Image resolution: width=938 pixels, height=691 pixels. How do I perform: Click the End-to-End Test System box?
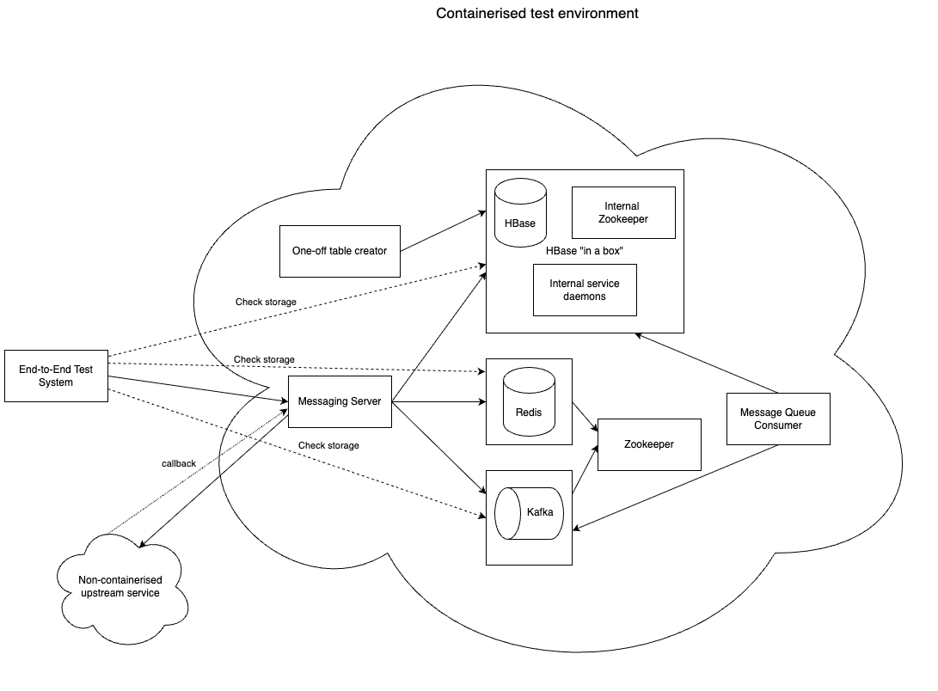coord(56,376)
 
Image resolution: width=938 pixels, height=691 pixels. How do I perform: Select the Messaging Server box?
coord(340,401)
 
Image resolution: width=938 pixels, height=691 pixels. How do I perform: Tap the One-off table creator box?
coord(340,251)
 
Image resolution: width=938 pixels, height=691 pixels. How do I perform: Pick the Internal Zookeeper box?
coord(623,212)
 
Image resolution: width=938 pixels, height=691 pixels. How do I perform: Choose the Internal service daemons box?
coord(585,290)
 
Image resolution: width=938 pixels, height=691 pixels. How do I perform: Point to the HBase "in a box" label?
coord(585,251)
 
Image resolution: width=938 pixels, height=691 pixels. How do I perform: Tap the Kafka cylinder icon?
coord(529,513)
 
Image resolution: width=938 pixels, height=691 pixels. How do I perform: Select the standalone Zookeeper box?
coord(649,444)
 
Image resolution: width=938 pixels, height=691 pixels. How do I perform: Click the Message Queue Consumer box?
coord(778,419)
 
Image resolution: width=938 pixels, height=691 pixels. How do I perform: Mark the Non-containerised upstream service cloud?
coord(120,587)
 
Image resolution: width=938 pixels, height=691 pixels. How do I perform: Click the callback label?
coord(179,464)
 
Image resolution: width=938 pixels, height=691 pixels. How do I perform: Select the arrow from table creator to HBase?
coord(443,231)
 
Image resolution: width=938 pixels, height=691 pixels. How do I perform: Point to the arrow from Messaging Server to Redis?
coord(438,401)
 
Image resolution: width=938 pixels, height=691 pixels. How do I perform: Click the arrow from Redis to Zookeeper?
coord(585,417)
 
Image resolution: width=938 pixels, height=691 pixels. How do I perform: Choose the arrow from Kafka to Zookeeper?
coord(585,471)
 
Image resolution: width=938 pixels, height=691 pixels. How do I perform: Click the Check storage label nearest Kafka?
coord(328,445)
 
